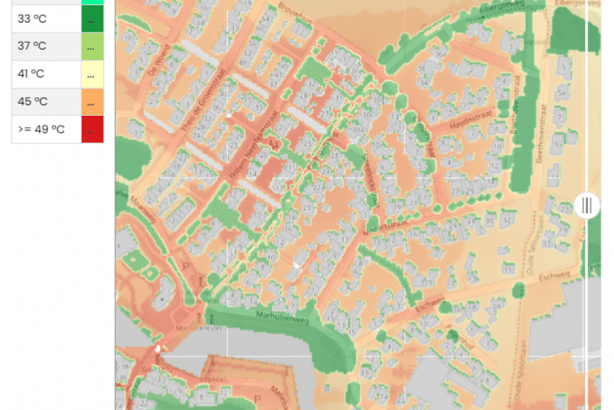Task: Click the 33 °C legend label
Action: point(32,19)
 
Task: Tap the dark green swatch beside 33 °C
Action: point(92,19)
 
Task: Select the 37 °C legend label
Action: point(32,46)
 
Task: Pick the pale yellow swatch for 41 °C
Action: point(92,74)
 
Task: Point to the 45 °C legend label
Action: point(32,102)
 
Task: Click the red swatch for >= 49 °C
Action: point(92,130)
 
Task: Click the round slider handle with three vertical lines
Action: point(586,205)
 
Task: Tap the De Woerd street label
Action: point(159,59)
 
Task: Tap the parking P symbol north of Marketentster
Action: point(185,266)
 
